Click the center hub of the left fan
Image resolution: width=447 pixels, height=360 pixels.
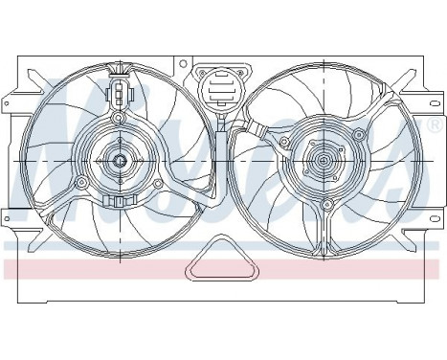tap(121, 159)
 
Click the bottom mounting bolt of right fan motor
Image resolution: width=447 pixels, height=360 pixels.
tap(327, 204)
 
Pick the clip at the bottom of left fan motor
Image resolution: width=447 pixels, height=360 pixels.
tap(121, 202)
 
